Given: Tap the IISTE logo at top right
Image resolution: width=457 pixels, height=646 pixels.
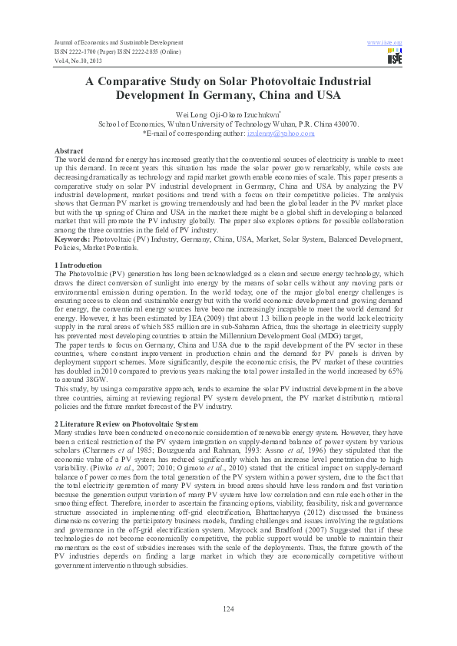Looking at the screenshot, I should coord(395,56).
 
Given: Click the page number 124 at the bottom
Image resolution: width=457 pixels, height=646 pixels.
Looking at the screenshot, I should coord(228,608).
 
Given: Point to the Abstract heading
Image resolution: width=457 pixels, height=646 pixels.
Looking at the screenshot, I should coord(69,151).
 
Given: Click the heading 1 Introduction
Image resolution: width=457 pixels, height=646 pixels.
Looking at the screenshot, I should coord(80,265).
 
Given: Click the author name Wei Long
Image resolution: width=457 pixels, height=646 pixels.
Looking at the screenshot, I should coord(194,114).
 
